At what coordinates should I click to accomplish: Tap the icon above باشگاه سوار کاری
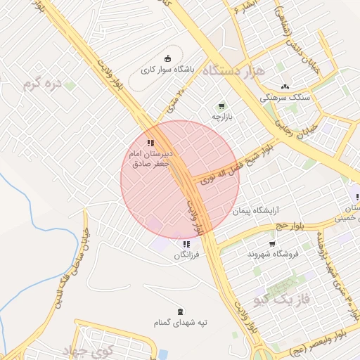point(167,58)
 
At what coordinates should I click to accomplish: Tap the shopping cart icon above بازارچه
point(222,105)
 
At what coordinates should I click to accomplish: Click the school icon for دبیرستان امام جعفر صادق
point(150,142)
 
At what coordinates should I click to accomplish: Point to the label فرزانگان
point(187,255)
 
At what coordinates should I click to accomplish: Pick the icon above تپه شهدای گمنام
point(182,311)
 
